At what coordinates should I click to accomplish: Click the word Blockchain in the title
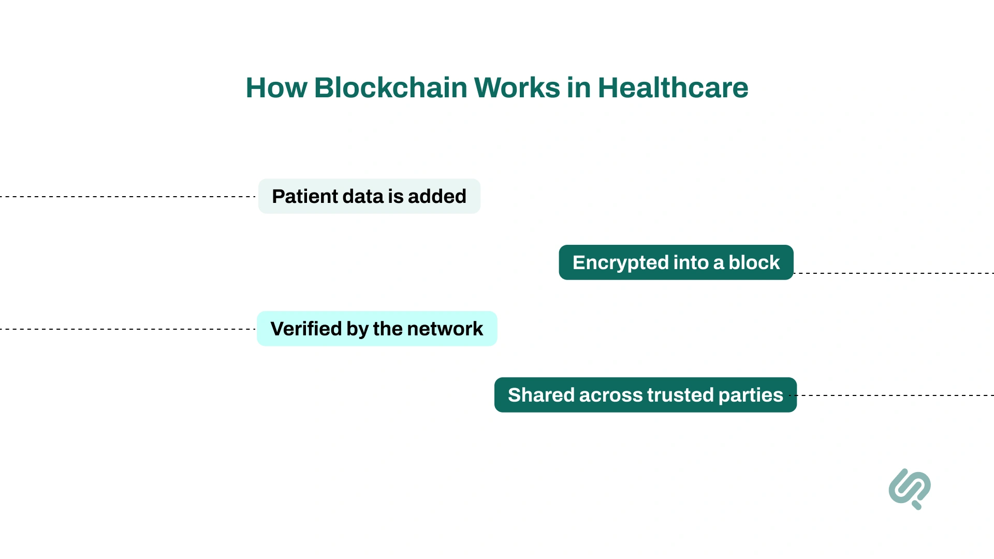390,87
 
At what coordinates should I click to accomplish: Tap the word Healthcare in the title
673,87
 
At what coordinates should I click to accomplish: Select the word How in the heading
276,87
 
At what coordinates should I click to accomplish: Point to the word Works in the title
516,87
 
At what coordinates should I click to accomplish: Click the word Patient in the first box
304,196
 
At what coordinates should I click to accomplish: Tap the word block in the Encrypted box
754,262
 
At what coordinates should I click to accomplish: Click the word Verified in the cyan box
305,329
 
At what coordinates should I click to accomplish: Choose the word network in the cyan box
445,329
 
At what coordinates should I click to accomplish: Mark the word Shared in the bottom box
541,395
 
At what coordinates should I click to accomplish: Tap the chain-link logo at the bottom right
910,488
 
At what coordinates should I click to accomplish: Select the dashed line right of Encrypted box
893,273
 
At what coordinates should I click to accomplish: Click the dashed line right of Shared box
896,395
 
